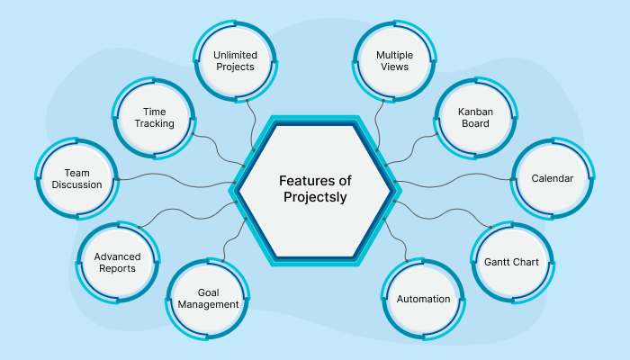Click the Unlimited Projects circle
[x=235, y=60]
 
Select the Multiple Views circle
[x=394, y=60]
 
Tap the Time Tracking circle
[x=154, y=117]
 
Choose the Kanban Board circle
[x=475, y=117]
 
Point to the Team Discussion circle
[x=76, y=178]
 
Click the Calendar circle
[x=552, y=178]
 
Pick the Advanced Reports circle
[x=116, y=262]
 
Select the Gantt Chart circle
[x=512, y=262]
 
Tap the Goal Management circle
[x=208, y=298]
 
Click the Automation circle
[x=423, y=298]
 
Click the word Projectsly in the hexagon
[x=315, y=197]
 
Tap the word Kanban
[x=475, y=111]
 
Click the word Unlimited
[x=235, y=54]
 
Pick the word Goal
[x=208, y=292]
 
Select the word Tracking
[x=154, y=123]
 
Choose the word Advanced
[x=116, y=256]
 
